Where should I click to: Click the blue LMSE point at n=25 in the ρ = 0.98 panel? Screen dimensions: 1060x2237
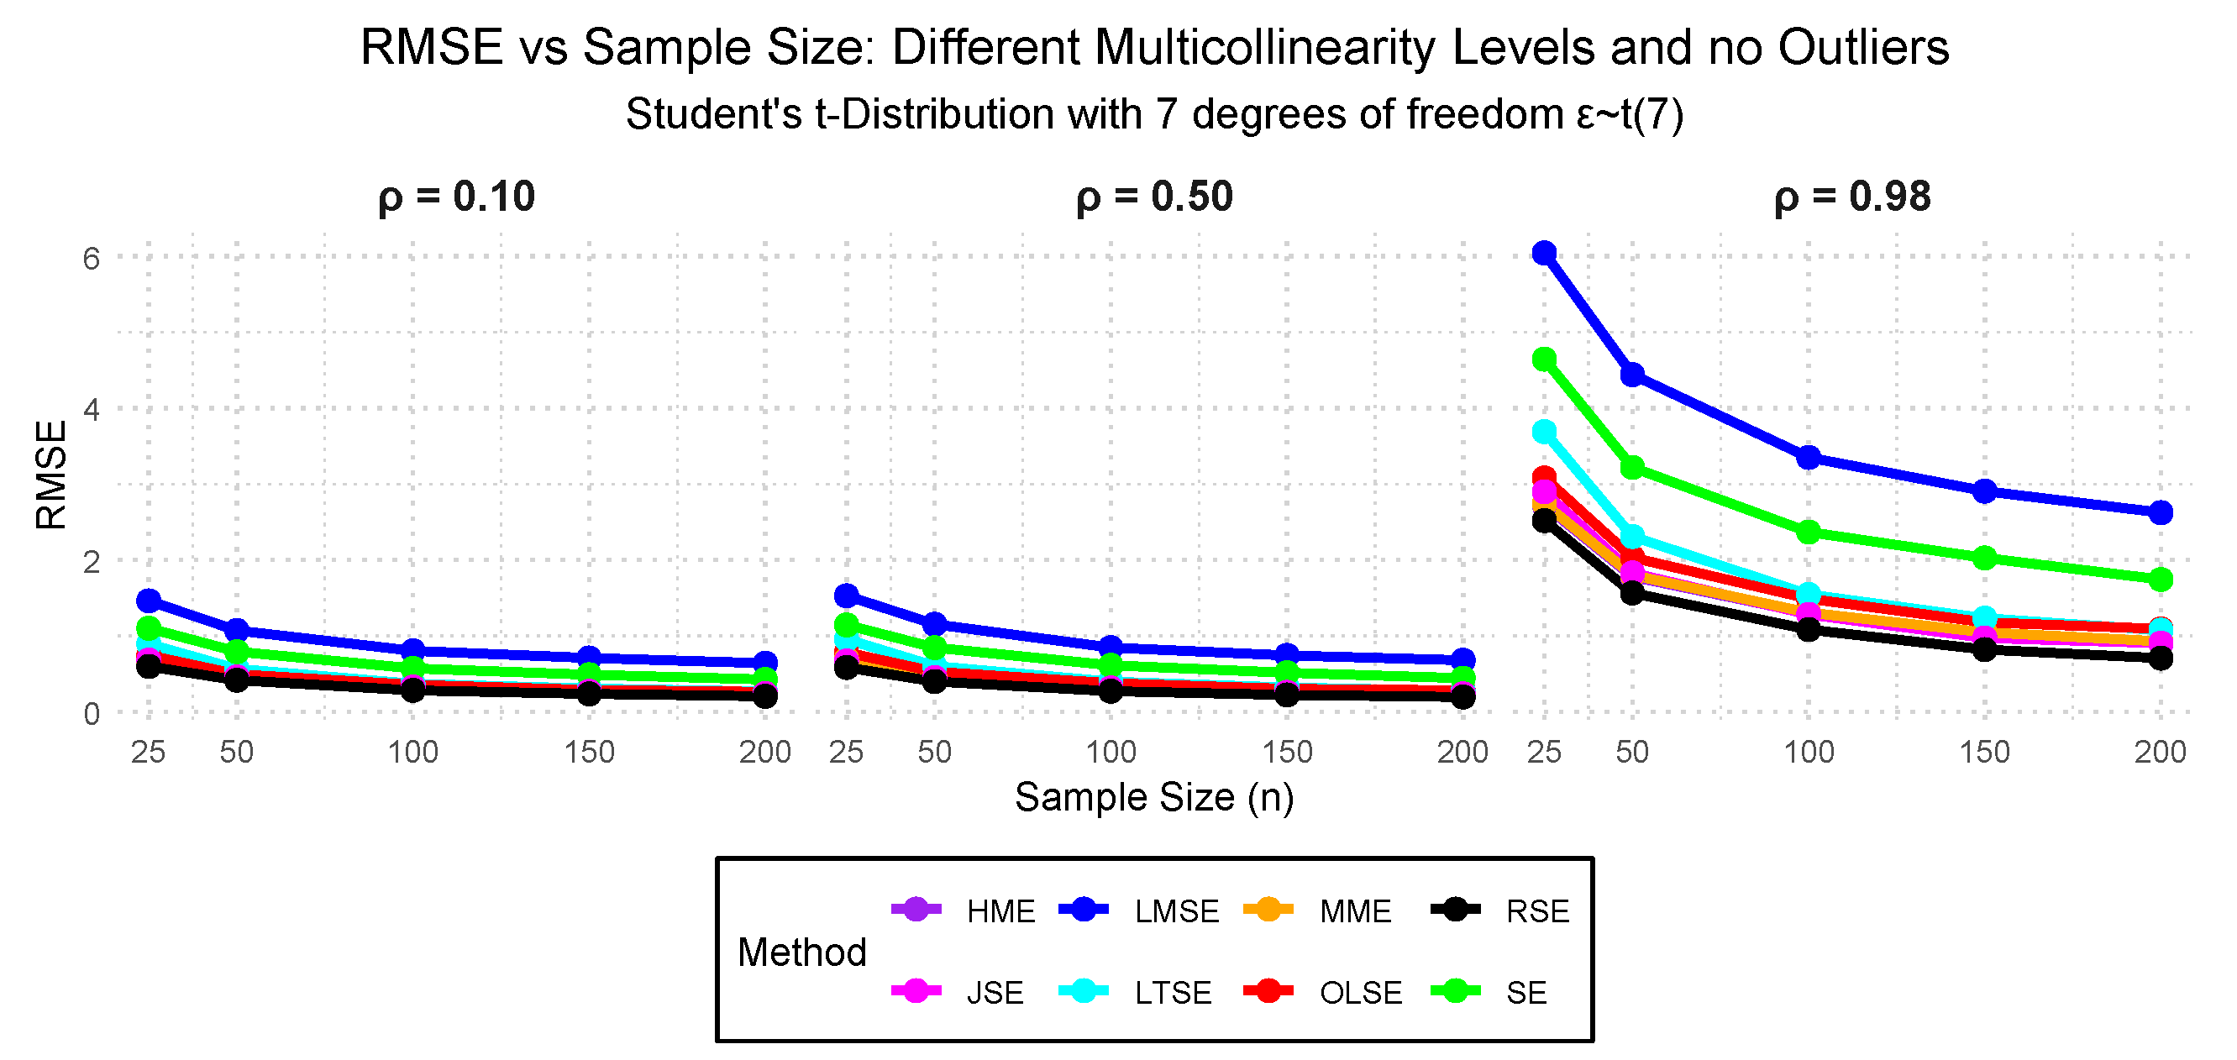click(1544, 254)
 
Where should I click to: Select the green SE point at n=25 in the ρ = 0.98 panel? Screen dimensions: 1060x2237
click(1544, 359)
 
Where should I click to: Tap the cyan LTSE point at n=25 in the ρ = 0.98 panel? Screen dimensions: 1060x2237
click(1544, 432)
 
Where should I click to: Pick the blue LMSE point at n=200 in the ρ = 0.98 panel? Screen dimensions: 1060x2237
click(2161, 513)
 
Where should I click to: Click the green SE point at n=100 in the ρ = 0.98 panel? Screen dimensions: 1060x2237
click(1808, 533)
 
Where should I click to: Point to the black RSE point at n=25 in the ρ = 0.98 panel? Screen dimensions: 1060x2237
click(1544, 521)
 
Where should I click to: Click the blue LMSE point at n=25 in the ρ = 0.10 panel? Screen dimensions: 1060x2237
click(149, 601)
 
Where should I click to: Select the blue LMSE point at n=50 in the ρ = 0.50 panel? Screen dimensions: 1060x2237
click(934, 624)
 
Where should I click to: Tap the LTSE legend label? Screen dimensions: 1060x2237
click(1173, 992)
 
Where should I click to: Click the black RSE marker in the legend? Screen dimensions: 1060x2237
click(1456, 910)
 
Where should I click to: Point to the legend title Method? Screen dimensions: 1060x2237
click(801, 952)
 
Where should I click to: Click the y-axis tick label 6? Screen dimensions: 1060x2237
click(92, 258)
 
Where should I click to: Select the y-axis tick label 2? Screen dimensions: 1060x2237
click(92, 562)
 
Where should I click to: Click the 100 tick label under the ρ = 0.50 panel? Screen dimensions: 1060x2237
click(1111, 752)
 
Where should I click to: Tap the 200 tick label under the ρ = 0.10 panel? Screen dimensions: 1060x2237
click(765, 752)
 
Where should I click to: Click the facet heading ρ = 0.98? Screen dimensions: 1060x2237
click(1852, 197)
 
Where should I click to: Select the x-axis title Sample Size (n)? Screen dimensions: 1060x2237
click(1154, 797)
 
